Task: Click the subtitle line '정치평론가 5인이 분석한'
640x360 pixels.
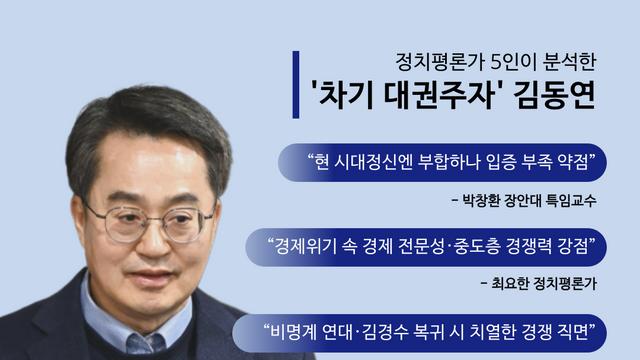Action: click(480, 58)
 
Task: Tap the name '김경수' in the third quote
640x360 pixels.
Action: click(394, 330)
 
